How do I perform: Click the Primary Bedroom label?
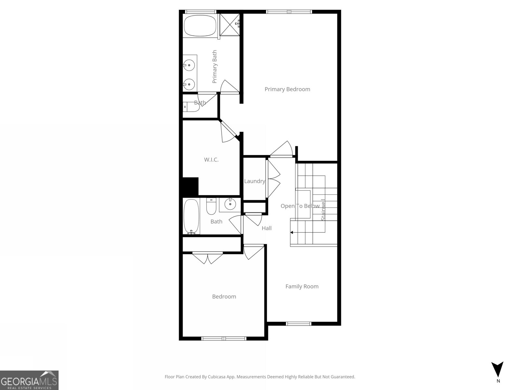coord(287,89)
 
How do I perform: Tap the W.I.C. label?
coord(211,160)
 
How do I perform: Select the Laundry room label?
coord(254,181)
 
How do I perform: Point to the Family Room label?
coord(302,286)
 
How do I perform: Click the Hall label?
coord(266,228)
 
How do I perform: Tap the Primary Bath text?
coord(214,67)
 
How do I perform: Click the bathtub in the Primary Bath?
coord(200,26)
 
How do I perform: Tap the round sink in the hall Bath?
coord(230,204)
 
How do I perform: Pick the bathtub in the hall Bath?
coord(191,216)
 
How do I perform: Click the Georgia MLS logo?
coord(29,380)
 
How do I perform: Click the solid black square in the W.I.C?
coord(190,186)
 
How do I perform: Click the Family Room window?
coord(298,323)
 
